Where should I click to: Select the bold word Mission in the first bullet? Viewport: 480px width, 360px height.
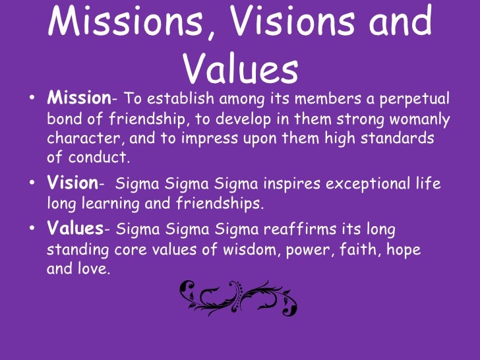click(x=78, y=99)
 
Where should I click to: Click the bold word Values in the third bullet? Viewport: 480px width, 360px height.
click(x=75, y=229)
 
